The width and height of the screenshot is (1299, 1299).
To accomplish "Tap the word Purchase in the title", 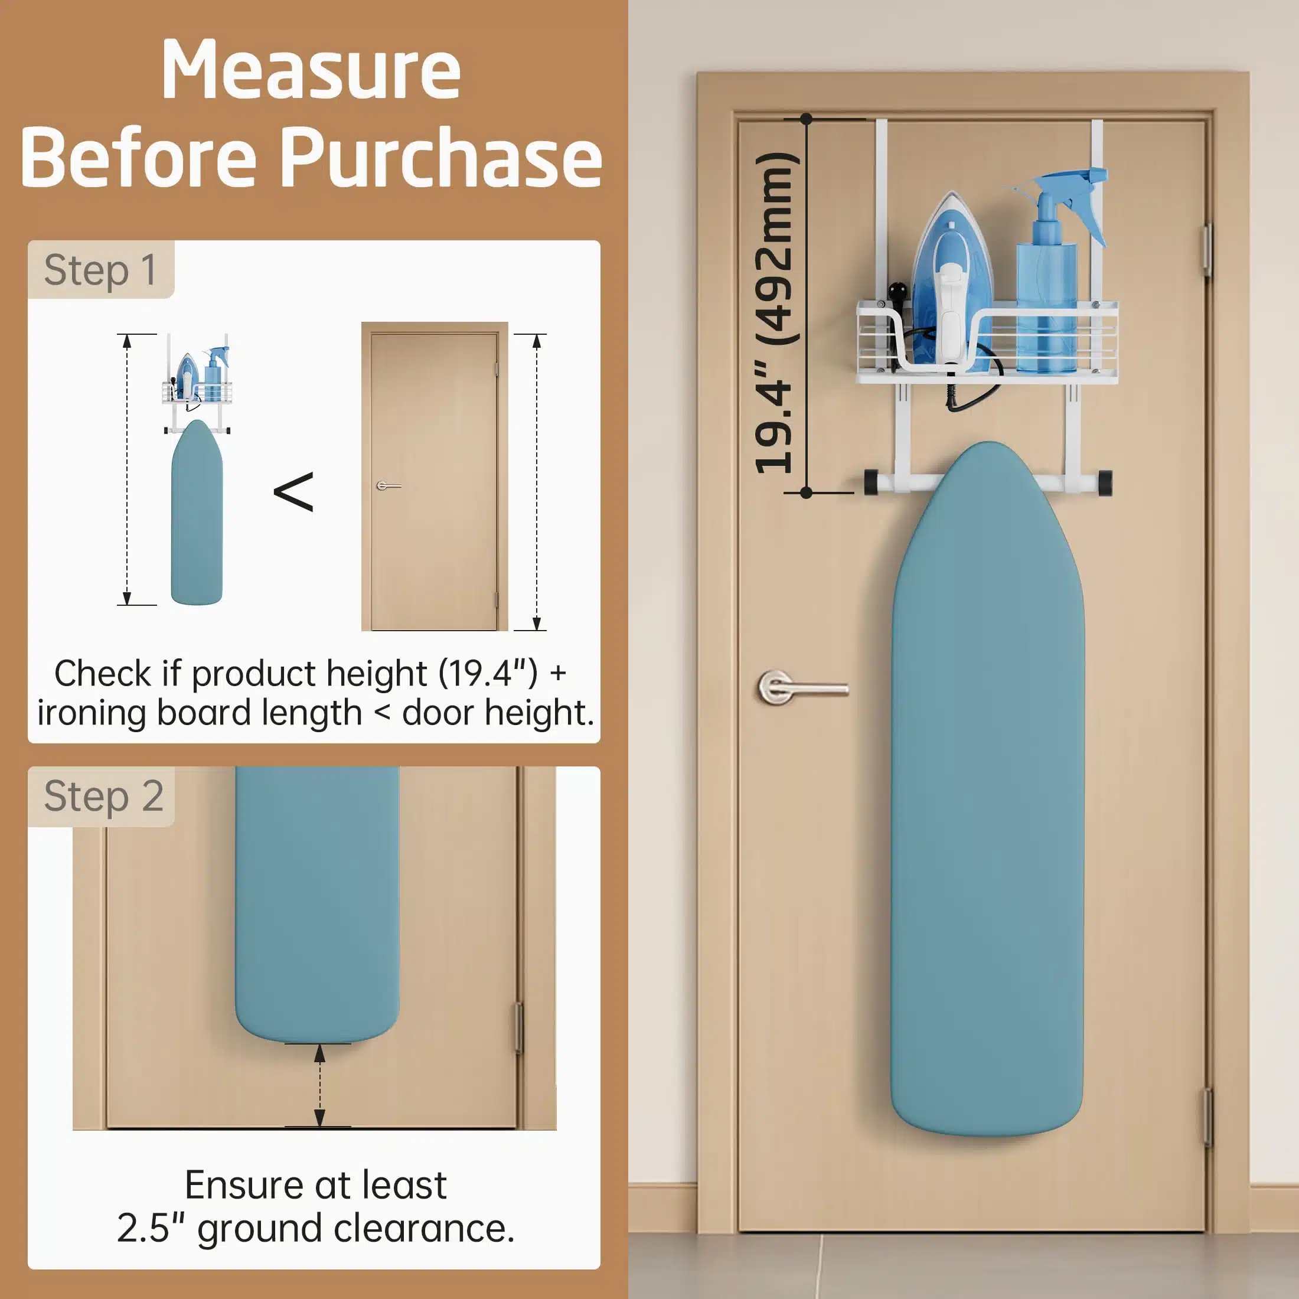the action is point(440,159).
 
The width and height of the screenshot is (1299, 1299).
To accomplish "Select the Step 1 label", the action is point(100,270).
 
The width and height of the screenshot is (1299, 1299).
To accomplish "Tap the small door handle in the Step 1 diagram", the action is point(388,485).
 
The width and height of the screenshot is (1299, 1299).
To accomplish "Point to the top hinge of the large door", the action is point(1207,250).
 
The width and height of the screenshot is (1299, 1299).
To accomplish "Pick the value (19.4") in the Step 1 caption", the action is point(489,674).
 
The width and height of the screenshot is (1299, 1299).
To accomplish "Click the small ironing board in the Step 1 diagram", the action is point(197,513).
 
